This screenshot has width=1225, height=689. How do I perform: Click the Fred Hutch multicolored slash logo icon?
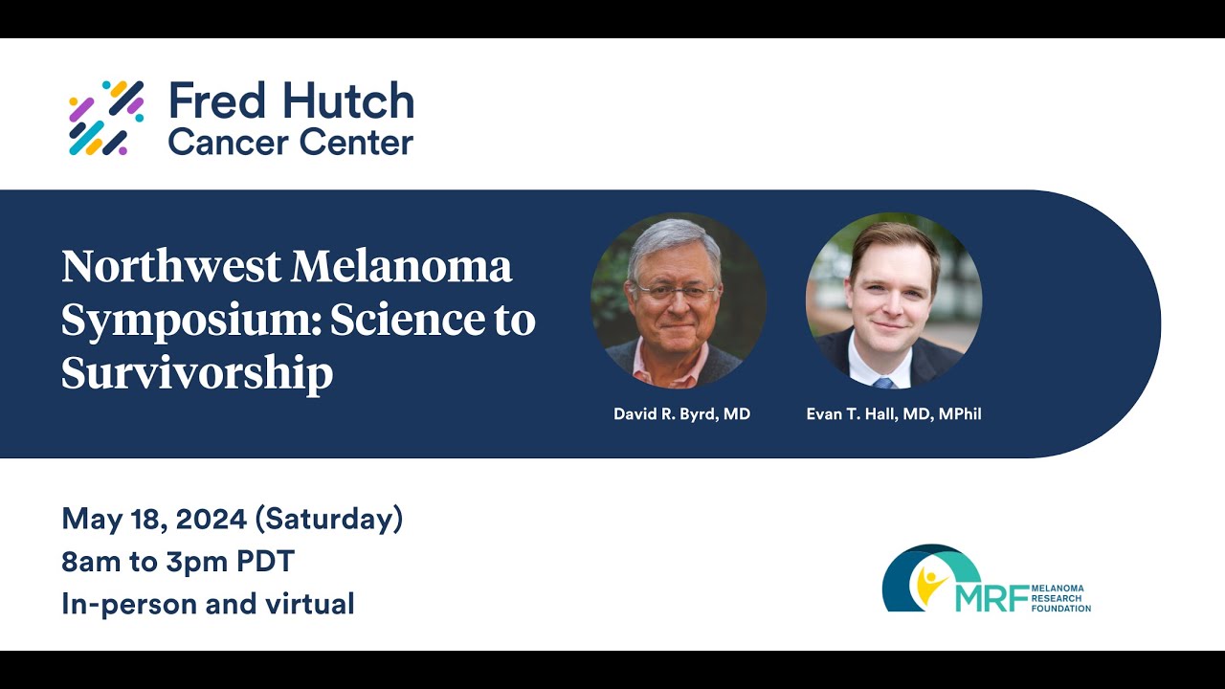[x=106, y=118]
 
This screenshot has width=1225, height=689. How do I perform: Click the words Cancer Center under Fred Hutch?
[x=290, y=143]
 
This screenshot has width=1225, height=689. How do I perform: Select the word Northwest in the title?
[x=170, y=266]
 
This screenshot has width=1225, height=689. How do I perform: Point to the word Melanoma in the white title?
[x=402, y=266]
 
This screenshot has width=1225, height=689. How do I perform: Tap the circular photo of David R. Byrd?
[x=678, y=300]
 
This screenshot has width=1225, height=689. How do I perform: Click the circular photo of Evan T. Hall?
[x=893, y=300]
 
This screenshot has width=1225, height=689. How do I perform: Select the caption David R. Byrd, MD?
[x=681, y=414]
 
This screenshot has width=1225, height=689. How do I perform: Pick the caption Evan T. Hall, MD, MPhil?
[x=894, y=414]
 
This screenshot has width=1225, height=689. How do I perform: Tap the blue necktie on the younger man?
[x=883, y=382]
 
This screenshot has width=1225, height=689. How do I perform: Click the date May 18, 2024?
[x=153, y=520]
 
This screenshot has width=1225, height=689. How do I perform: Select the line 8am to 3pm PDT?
[x=178, y=562]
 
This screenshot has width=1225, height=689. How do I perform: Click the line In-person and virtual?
[x=208, y=604]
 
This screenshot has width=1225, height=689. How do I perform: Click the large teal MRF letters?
[x=991, y=597]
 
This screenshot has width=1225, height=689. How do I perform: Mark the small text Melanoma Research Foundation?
[x=1060, y=598]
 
